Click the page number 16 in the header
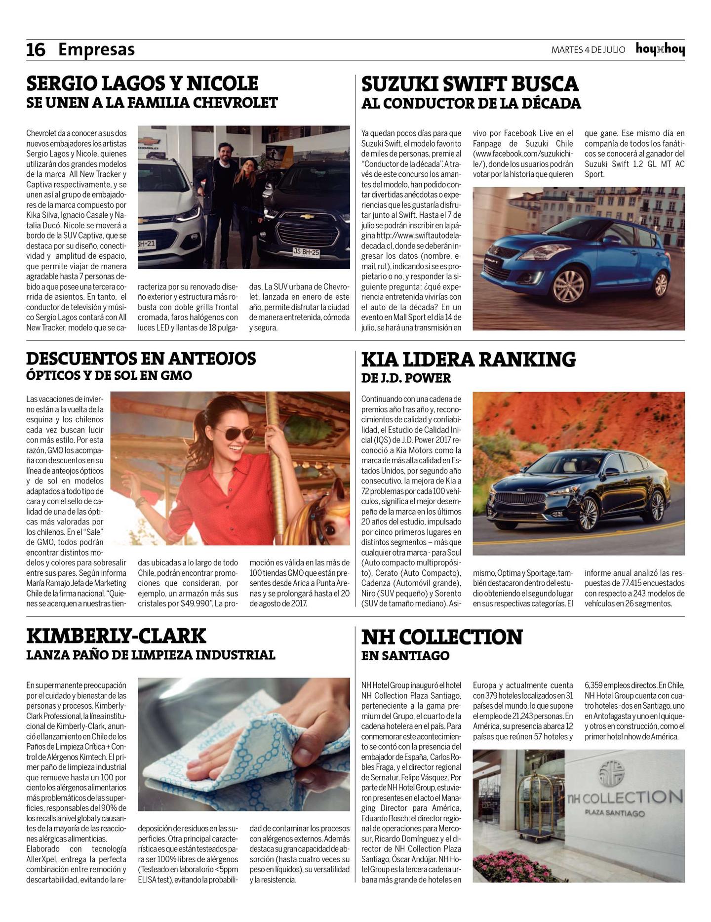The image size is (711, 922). (36, 50)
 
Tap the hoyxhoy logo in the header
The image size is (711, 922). (660, 49)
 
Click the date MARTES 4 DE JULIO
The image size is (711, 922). (588, 50)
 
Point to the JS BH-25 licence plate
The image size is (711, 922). (306, 252)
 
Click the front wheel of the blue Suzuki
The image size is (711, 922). (568, 286)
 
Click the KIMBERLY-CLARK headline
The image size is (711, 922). (116, 636)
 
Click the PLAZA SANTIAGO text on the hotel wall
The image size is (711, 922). (614, 813)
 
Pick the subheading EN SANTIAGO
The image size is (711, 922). (405, 656)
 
